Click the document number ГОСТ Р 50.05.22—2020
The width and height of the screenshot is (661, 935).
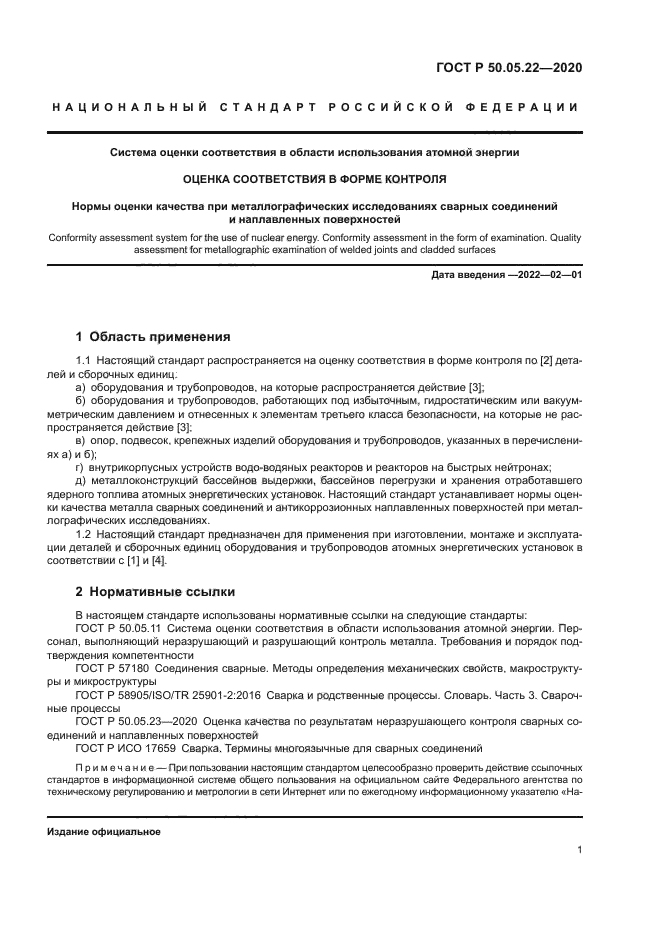pyautogui.click(x=510, y=68)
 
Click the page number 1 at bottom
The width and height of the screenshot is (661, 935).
pyautogui.click(x=579, y=850)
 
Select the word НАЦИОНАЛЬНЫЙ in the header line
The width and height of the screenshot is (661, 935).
pyautogui.click(x=131, y=108)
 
